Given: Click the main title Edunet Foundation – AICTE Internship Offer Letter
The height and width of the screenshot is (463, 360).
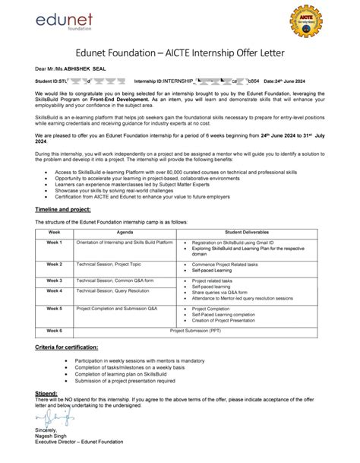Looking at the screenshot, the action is coord(180,52).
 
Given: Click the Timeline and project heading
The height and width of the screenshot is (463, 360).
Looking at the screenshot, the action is coord(63,208).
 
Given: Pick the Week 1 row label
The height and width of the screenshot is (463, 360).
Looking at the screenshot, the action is coord(54,242).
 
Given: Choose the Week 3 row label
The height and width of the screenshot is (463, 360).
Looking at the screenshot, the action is coord(54,280).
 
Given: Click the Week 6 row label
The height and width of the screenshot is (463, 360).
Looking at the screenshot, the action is coord(54,331).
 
